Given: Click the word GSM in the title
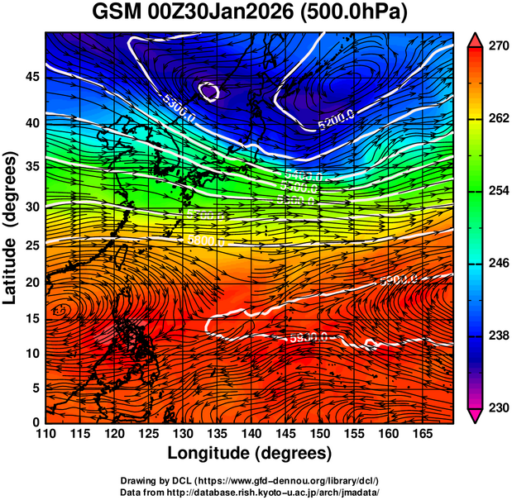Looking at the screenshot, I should coord(115,13).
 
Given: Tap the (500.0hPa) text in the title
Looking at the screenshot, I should coord(361,13).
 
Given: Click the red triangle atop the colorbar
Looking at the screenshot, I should coord(476,40).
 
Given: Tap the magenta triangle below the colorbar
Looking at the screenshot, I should coord(476,415).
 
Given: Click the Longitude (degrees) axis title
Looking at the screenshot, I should coord(250,454).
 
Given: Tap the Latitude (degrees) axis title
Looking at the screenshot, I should coord(12,227).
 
